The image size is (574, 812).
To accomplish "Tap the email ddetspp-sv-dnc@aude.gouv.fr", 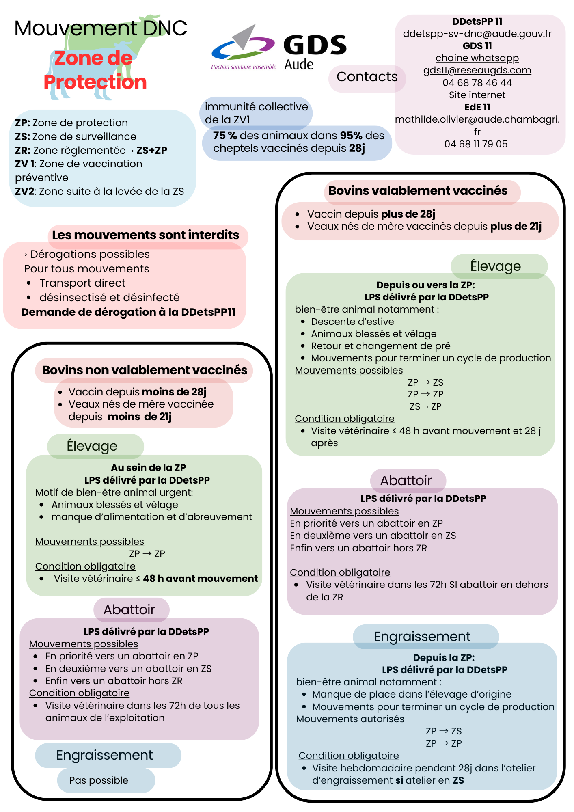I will [477, 34].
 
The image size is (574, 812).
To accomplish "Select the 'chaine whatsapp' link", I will [477, 58].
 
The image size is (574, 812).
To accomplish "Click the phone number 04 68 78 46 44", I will [477, 83].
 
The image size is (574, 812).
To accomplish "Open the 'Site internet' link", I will [477, 95].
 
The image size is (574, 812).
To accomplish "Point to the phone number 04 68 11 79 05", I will [476, 144].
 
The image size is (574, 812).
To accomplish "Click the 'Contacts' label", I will [367, 77].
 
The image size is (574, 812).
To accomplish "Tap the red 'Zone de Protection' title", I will [95, 70].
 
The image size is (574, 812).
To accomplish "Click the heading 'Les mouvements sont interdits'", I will [145, 235].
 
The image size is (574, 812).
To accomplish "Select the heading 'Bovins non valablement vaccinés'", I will [145, 370].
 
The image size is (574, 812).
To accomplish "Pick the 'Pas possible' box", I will [99, 780].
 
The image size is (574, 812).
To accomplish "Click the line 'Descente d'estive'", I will [352, 322].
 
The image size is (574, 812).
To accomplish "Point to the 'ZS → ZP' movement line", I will [425, 406].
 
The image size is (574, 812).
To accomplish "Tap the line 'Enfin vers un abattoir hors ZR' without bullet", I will [358, 548].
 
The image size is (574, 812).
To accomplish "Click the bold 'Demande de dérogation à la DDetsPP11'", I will [128, 312].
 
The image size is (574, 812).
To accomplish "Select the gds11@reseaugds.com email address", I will [477, 70].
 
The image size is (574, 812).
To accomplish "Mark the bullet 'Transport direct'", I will [82, 283].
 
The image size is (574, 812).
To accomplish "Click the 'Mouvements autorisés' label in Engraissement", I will [350, 719].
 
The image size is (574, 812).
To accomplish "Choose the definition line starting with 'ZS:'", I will [76, 137].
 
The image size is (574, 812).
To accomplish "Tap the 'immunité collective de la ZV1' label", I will [256, 113].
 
